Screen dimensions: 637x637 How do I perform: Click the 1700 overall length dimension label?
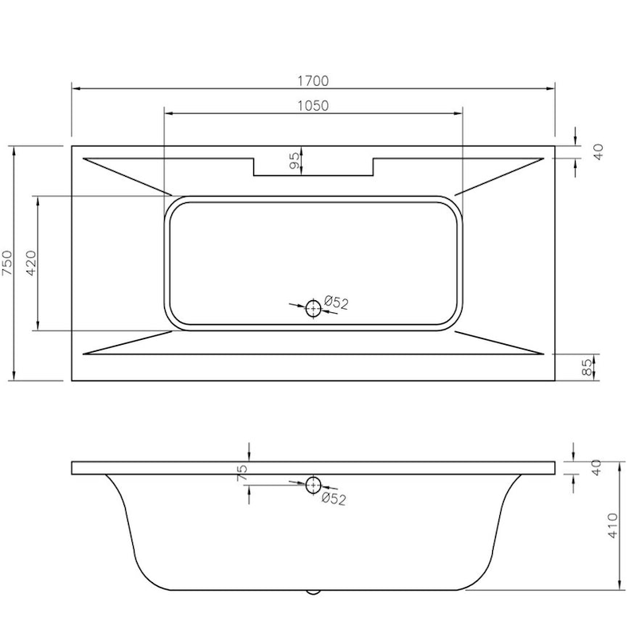coord(313,80)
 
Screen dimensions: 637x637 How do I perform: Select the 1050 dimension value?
coord(313,105)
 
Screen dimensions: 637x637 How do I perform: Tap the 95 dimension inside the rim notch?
coord(295,162)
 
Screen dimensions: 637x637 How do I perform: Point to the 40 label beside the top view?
coord(599,151)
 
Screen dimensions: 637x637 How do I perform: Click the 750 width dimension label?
coord(7,263)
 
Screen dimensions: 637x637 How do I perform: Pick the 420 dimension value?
coord(32,263)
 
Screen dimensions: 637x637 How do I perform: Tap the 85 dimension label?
coord(588,367)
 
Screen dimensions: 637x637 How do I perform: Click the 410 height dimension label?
coord(612,528)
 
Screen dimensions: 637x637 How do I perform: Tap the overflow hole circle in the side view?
coord(313,484)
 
